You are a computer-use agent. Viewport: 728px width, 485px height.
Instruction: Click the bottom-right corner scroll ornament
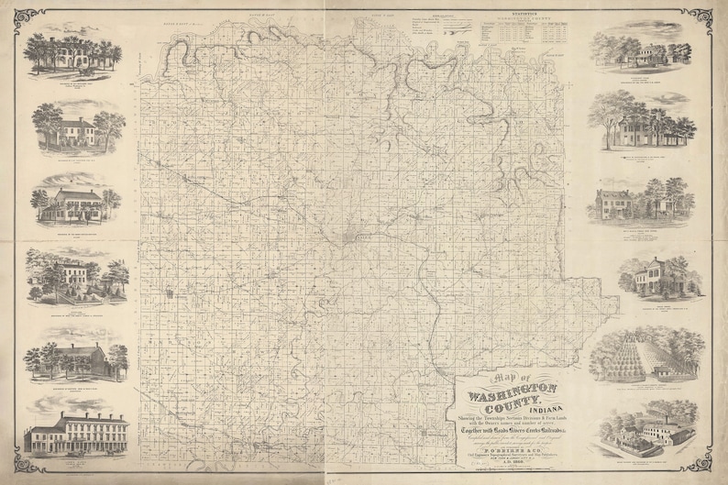pyautogui.click(x=708, y=468)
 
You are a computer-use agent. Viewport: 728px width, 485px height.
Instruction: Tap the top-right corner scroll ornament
pyautogui.click(x=708, y=16)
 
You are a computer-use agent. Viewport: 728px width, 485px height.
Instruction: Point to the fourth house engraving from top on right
pyautogui.click(x=652, y=276)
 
